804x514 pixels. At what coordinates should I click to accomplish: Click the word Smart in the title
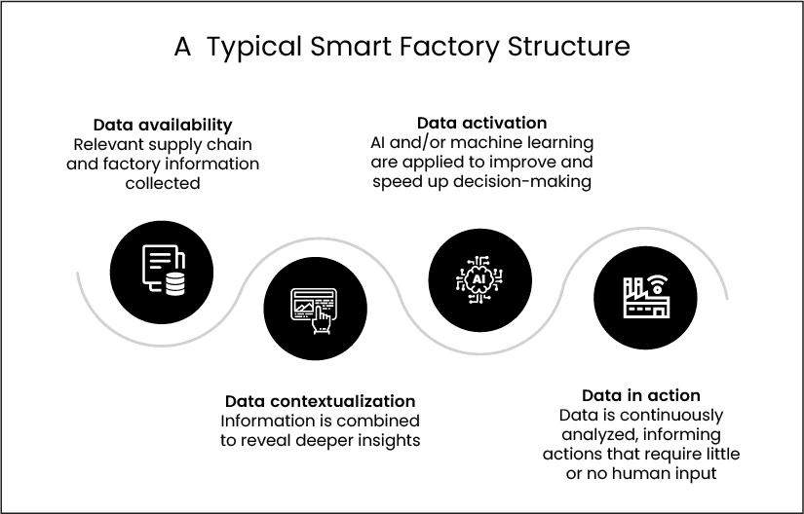(351, 46)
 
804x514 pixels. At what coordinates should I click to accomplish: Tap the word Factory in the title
(448, 48)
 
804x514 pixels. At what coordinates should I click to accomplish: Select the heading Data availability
(163, 125)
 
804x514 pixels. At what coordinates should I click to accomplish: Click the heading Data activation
(481, 123)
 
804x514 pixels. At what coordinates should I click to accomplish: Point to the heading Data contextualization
(320, 401)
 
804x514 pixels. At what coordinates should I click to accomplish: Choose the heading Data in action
(641, 395)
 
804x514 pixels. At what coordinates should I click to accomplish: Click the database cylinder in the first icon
(174, 283)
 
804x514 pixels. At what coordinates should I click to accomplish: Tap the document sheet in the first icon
(160, 264)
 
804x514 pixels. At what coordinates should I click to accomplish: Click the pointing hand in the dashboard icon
(323, 320)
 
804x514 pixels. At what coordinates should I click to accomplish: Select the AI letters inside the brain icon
(479, 279)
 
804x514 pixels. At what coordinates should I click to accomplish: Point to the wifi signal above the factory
(657, 283)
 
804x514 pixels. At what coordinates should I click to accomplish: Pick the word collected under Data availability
(163, 183)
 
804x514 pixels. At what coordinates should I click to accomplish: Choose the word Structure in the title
(568, 46)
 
